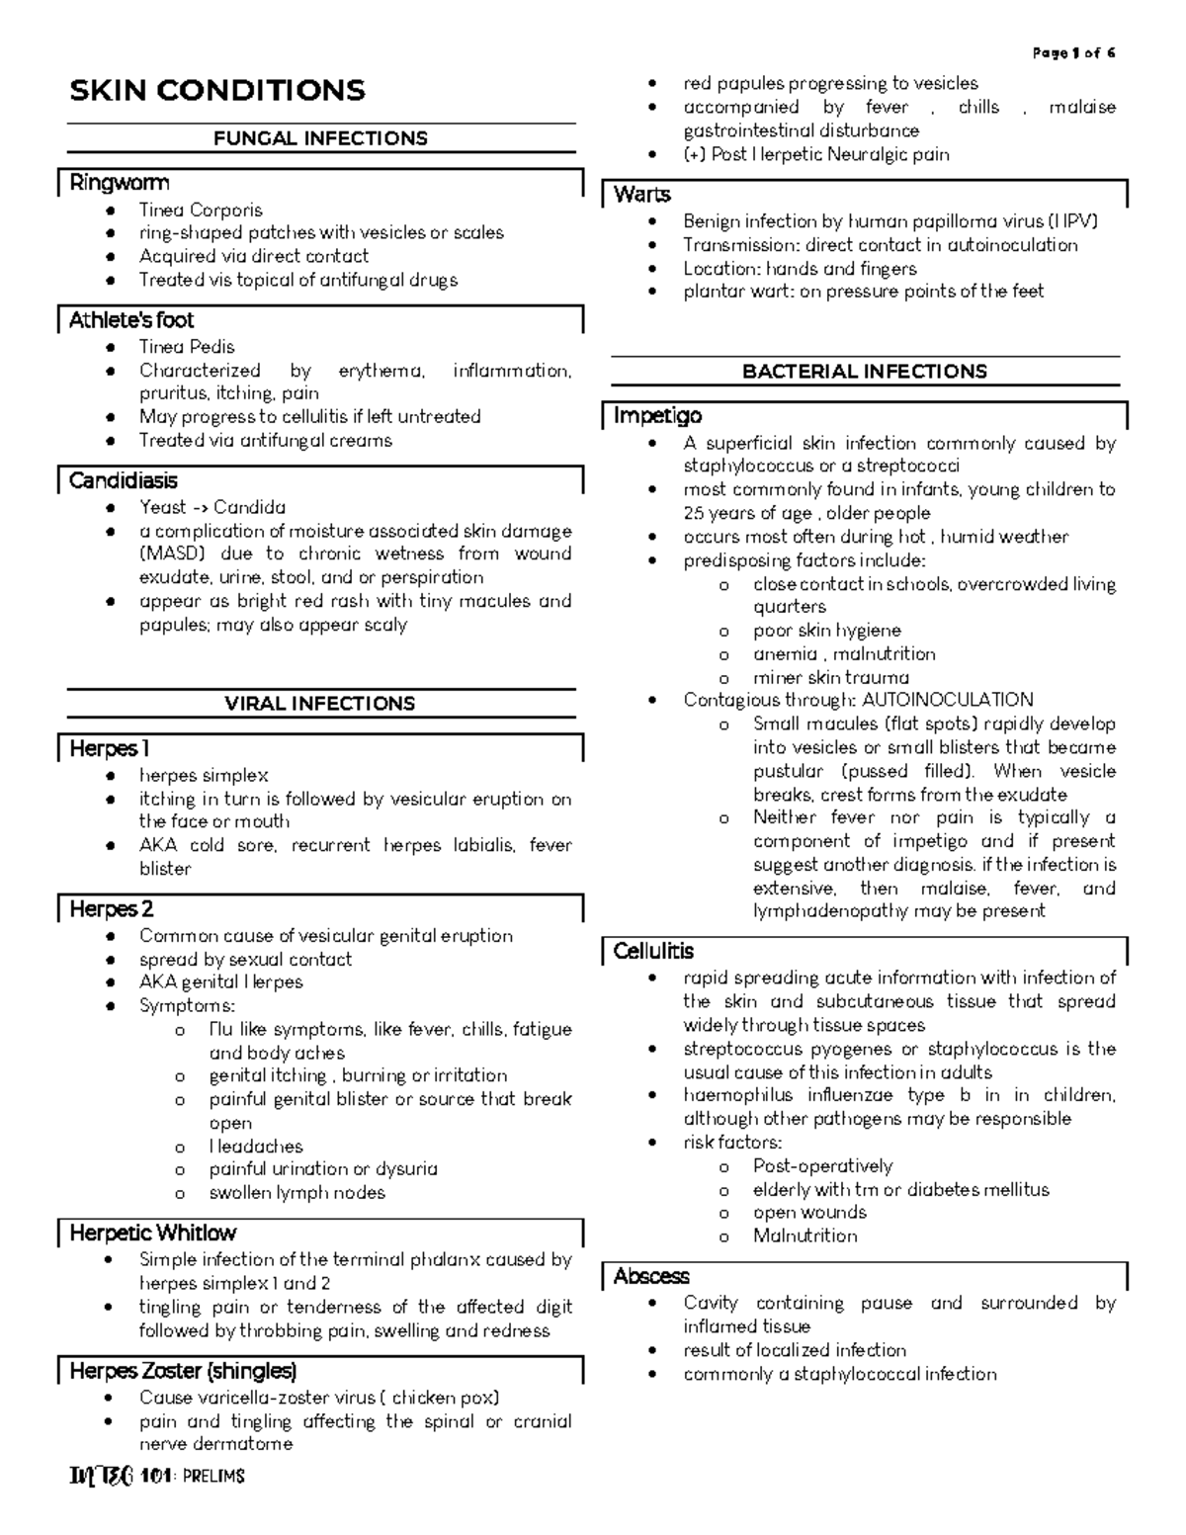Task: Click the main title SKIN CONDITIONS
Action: click(217, 91)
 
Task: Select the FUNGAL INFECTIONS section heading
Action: click(320, 138)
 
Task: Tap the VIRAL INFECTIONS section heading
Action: click(320, 704)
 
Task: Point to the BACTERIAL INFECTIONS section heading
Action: click(865, 372)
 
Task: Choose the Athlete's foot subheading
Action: click(131, 320)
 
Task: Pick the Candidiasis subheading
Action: click(124, 481)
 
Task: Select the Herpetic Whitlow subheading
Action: click(153, 1234)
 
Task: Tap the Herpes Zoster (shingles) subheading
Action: click(183, 1372)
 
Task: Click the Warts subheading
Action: click(642, 195)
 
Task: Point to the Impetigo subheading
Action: click(657, 416)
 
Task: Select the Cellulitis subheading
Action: click(653, 952)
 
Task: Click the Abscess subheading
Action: click(651, 1277)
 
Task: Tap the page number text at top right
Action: click(1073, 53)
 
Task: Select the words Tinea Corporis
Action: click(201, 210)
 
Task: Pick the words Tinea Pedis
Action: click(187, 347)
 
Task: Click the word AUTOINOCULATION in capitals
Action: click(947, 701)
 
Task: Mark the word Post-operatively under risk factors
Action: click(822, 1166)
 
